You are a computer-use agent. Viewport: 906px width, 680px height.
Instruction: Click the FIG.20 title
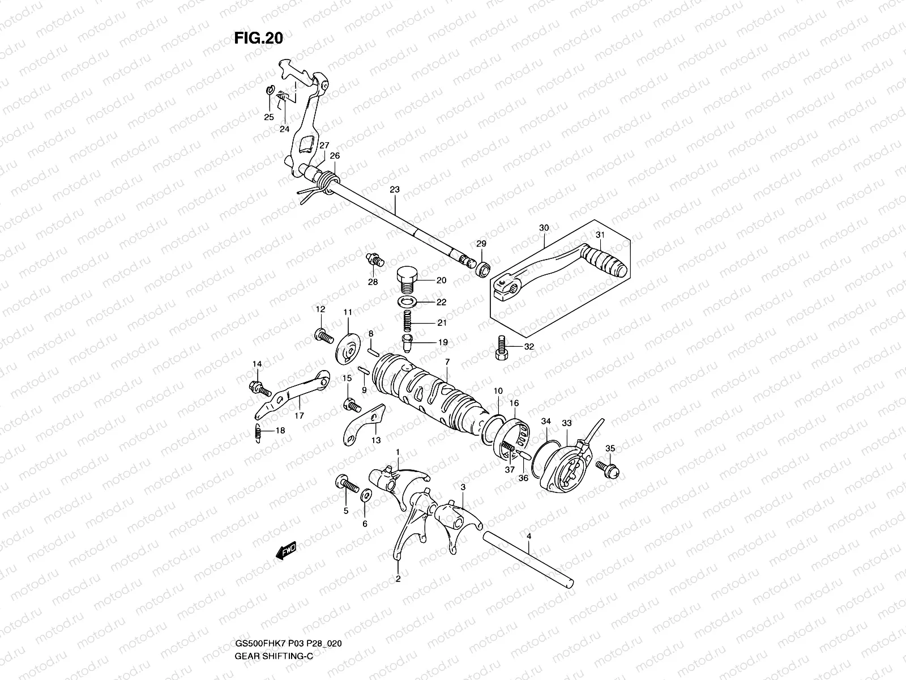pyautogui.click(x=258, y=38)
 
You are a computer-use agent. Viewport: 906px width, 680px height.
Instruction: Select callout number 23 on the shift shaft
pyautogui.click(x=395, y=190)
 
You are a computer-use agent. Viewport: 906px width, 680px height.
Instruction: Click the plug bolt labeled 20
pyautogui.click(x=405, y=279)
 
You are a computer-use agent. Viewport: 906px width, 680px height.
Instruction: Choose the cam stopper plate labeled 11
pyautogui.click(x=348, y=347)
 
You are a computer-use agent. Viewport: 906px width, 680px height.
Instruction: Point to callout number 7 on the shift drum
pyautogui.click(x=447, y=361)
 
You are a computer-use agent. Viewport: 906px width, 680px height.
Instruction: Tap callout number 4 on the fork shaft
pyautogui.click(x=528, y=535)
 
